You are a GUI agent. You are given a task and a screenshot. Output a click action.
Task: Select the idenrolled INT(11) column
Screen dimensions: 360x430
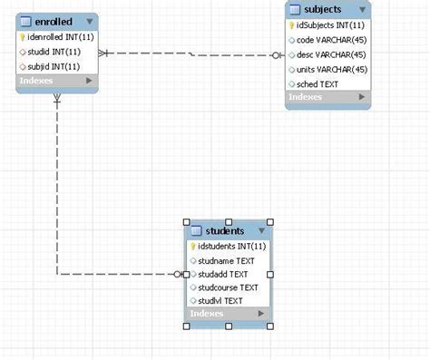tap(60, 38)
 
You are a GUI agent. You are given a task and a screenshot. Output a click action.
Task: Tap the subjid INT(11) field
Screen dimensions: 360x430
tap(54, 66)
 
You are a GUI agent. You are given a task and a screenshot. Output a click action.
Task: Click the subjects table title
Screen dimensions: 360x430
tap(323, 9)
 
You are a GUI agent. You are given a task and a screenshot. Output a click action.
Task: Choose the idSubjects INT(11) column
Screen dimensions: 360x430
tap(332, 25)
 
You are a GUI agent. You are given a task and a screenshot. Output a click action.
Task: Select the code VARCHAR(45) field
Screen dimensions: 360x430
tap(330, 40)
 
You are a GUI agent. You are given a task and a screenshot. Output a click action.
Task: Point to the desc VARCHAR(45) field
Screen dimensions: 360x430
tap(330, 54)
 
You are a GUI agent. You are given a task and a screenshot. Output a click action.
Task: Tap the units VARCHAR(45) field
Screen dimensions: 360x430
tap(331, 69)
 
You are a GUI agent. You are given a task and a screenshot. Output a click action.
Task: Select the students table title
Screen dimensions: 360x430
tap(225, 230)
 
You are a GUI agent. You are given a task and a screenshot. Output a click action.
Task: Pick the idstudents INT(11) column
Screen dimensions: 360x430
tap(231, 246)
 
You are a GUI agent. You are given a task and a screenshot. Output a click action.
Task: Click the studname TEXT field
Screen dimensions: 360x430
tap(226, 260)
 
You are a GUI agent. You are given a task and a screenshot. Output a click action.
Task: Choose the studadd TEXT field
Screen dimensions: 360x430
tap(222, 273)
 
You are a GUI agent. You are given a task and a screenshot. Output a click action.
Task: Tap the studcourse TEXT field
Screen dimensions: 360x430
tap(228, 287)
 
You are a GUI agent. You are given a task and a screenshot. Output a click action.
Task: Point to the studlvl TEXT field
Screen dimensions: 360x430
tap(220, 300)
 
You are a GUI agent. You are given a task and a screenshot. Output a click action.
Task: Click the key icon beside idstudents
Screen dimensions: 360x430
tap(192, 246)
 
